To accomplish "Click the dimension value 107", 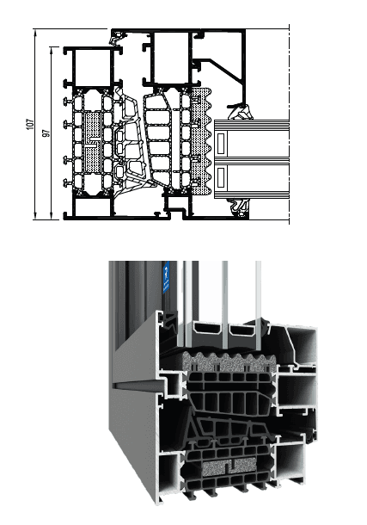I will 29,126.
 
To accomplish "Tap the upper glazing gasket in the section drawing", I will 240,110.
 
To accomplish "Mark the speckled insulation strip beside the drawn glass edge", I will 204,138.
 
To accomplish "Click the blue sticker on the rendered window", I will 167,275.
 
